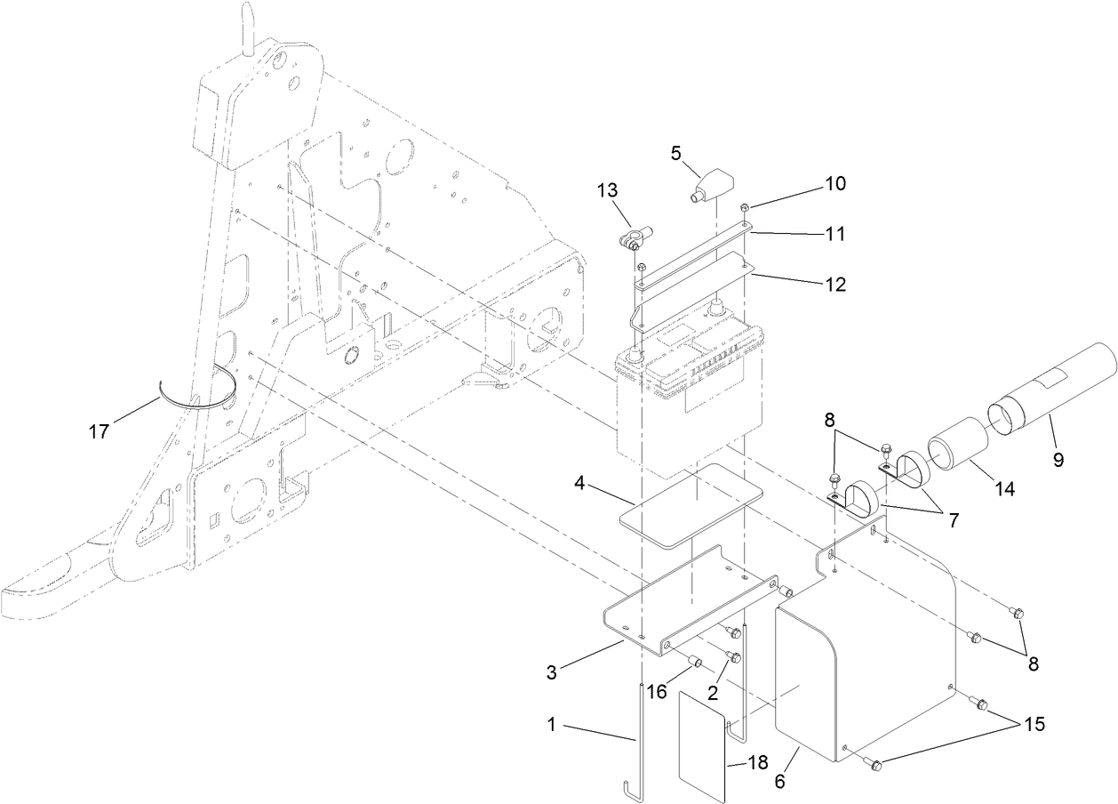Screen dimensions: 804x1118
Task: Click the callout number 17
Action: click(99, 431)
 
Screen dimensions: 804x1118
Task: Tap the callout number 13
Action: click(608, 190)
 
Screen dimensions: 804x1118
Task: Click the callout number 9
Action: click(1058, 460)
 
